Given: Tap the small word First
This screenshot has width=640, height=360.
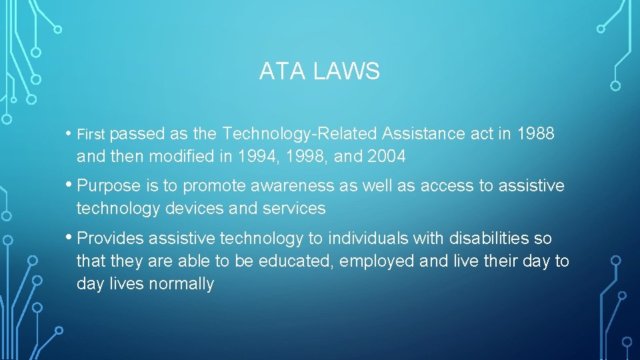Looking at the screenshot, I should pyautogui.click(x=91, y=135).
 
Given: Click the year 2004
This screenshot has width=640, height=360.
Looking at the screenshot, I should pyautogui.click(x=385, y=157).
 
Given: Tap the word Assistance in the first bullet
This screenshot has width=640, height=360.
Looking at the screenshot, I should pyautogui.click(x=423, y=134).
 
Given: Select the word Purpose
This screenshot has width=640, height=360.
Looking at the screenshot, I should pyautogui.click(x=108, y=186).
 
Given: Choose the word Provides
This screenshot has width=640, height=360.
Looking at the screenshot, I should pyautogui.click(x=111, y=238).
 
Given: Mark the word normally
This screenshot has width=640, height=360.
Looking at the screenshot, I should pyautogui.click(x=181, y=284).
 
